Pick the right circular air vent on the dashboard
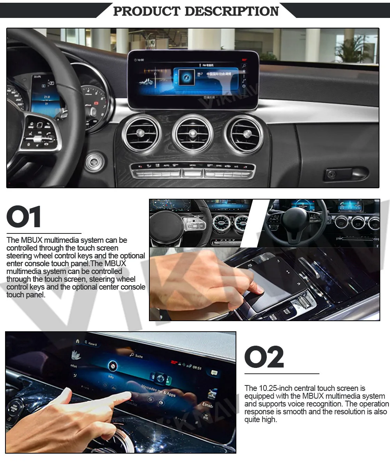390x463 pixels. point(244,134)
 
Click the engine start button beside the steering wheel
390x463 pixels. point(95,162)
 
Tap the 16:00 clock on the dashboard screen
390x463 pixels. point(140,60)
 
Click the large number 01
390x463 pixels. point(24,217)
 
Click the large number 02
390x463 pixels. point(264,357)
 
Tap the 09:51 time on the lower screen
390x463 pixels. point(197,368)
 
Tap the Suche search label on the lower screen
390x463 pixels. point(138,356)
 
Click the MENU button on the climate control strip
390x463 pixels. point(192,165)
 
